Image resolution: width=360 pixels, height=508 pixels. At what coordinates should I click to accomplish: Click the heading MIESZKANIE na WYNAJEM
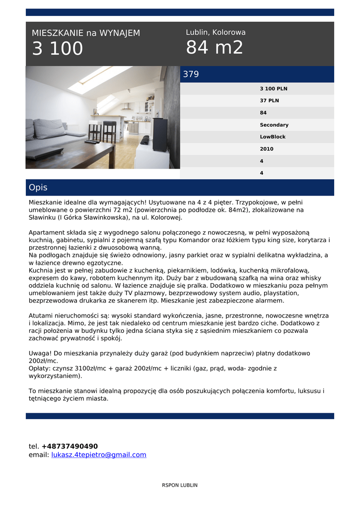point(86,33)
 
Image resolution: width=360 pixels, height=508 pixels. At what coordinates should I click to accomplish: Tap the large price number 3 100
point(58,49)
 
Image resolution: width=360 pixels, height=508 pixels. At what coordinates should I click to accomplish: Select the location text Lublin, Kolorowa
point(216,32)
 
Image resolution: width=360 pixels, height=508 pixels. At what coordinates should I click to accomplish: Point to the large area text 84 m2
point(215,48)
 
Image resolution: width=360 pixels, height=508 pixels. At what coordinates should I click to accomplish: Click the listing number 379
point(191,74)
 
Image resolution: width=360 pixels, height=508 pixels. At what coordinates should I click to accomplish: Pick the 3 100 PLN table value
point(273,89)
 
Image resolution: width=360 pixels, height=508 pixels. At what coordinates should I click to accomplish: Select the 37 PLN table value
point(269,101)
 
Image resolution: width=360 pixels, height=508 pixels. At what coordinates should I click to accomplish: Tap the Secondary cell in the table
point(274,125)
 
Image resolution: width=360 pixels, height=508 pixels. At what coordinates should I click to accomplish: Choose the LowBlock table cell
point(273,137)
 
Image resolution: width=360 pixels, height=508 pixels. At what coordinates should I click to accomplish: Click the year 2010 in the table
point(266,149)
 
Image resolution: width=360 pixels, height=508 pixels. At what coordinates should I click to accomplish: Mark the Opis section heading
point(38,188)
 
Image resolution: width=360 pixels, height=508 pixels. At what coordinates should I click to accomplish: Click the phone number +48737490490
point(70,446)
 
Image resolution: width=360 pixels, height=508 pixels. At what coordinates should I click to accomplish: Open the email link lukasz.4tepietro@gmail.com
point(99,455)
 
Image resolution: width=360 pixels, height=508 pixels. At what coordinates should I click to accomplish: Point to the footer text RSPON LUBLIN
point(180,485)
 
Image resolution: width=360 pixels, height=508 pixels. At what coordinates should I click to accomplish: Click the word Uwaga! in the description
point(40,353)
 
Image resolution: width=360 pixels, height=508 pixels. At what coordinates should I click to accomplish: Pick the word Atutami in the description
point(42,316)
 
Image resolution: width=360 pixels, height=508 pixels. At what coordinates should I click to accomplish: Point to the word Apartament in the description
point(48,232)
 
